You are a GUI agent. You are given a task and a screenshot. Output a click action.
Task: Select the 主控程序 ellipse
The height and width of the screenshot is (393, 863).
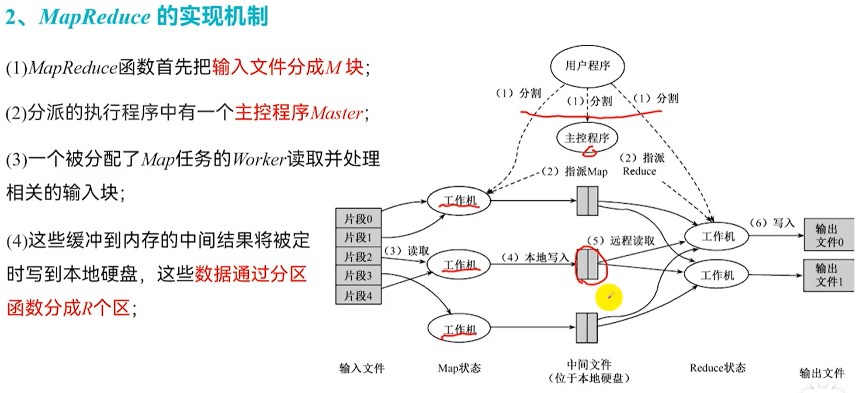587,138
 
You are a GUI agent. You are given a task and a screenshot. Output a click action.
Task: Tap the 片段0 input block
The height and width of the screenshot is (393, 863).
358,219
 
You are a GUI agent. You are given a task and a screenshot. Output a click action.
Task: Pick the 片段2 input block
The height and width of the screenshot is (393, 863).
358,256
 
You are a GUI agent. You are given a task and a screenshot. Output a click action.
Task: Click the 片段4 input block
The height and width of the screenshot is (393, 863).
358,295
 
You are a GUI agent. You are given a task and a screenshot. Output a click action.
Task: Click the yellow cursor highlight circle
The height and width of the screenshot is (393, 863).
609,298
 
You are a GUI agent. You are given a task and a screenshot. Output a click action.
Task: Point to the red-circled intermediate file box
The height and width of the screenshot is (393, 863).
587,265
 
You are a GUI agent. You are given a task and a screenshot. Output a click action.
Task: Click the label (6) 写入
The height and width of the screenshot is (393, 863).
773,222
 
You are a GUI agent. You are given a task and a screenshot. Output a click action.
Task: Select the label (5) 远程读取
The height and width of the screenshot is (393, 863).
621,240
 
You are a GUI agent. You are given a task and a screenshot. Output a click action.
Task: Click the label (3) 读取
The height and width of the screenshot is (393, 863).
407,250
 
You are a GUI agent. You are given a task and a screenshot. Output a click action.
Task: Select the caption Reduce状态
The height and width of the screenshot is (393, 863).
718,368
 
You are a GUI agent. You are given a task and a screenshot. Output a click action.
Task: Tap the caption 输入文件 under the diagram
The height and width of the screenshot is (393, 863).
362,368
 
